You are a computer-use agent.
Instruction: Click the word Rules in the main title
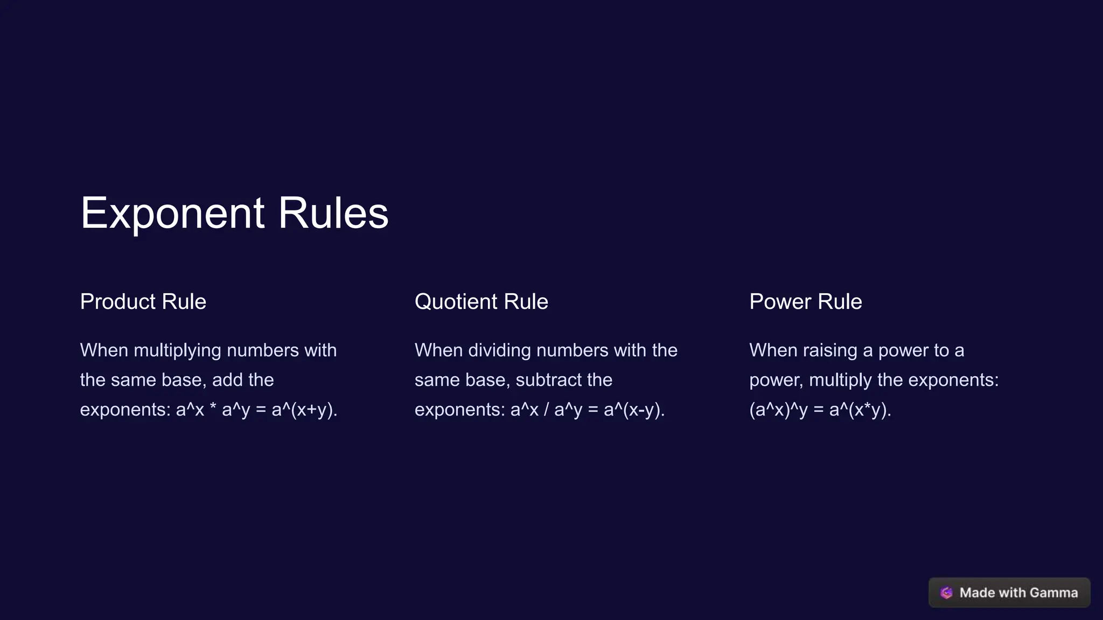click(333, 213)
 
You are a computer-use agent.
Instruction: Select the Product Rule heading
click(143, 301)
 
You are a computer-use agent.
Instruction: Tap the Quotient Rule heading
click(481, 301)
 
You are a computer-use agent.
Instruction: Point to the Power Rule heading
click(806, 301)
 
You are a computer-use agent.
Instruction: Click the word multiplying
click(177, 350)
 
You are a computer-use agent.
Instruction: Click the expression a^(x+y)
click(304, 410)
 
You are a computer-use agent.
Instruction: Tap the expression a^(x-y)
click(634, 410)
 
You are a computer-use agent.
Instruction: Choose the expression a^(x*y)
click(860, 410)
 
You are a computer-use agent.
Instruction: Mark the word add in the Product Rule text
click(227, 380)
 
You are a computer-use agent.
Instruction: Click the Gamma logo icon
click(946, 593)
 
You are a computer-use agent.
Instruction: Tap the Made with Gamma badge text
click(1018, 593)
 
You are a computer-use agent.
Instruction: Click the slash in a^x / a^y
click(546, 410)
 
